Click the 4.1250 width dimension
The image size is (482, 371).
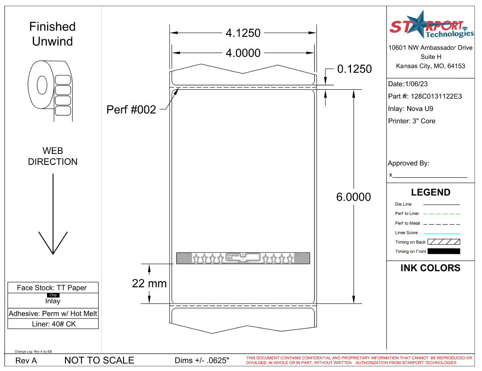pyautogui.click(x=243, y=33)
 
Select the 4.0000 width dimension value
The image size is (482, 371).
pyautogui.click(x=243, y=53)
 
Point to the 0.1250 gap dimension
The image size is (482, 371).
pyautogui.click(x=354, y=69)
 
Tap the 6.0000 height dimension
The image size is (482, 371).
pyautogui.click(x=353, y=197)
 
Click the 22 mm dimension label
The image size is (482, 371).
pyautogui.click(x=149, y=283)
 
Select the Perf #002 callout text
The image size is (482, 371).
pyautogui.click(x=131, y=110)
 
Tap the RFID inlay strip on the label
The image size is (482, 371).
pyautogui.click(x=243, y=258)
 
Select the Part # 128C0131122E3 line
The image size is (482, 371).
pyautogui.click(x=424, y=96)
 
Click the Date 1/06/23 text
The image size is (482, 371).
pyautogui.click(x=408, y=84)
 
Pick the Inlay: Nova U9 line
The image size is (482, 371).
pyautogui.click(x=410, y=109)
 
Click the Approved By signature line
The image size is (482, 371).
pyautogui.click(x=429, y=176)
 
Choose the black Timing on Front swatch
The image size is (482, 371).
pyautogui.click(x=443, y=252)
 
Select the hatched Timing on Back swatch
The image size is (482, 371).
pyautogui.click(x=443, y=242)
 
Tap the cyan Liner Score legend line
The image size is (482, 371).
pyautogui.click(x=441, y=233)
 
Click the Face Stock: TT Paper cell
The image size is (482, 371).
pyautogui.click(x=52, y=288)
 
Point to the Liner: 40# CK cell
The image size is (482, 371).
pyautogui.click(x=53, y=324)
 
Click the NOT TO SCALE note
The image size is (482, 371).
pyautogui.click(x=99, y=360)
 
